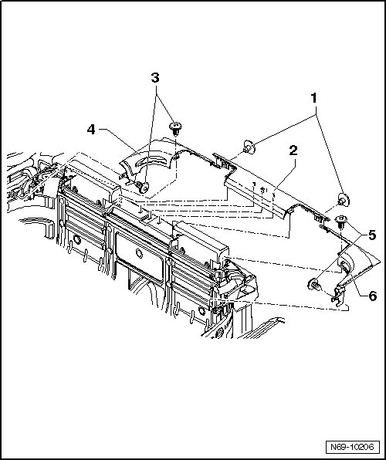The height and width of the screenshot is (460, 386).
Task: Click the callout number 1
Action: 314,99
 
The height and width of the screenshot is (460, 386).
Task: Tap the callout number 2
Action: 293,151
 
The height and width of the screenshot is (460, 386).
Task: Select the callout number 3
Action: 155,78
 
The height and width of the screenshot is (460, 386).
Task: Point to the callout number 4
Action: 91,130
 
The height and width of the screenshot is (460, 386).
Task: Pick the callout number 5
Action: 372,235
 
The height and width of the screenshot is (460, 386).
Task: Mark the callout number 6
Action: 373,296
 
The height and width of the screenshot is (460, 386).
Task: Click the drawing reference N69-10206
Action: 352,447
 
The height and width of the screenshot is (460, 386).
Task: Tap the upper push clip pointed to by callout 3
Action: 175,128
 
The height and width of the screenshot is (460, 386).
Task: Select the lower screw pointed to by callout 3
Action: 143,187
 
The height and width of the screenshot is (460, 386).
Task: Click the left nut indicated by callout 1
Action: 249,147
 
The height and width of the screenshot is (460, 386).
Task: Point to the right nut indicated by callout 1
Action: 343,200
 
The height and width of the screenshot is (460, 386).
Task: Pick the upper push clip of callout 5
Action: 340,222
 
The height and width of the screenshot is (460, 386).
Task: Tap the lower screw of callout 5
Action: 313,285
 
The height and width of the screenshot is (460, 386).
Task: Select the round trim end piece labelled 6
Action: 347,264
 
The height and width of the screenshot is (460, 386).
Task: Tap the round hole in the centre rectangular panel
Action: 139,253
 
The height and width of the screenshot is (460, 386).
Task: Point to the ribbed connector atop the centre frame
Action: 145,218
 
